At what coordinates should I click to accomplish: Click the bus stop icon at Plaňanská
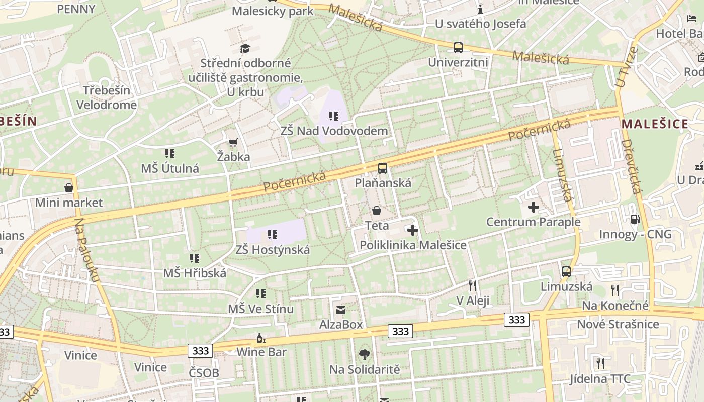click(383, 168)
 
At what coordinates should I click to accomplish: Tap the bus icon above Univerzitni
click(458, 48)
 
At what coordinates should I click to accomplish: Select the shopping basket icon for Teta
click(377, 211)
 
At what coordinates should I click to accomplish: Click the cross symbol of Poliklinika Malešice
click(413, 231)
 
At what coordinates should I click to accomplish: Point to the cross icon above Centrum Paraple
click(534, 207)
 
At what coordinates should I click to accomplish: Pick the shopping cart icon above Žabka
click(233, 143)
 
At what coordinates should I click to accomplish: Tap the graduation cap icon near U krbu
click(245, 48)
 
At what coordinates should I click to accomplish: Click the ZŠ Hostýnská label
click(273, 250)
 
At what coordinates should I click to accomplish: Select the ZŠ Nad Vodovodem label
click(334, 131)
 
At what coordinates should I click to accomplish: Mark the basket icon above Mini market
click(69, 188)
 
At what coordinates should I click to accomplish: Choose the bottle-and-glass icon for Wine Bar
click(261, 338)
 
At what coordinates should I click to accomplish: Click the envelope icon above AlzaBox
click(341, 310)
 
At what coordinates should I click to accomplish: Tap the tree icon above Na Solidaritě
click(365, 355)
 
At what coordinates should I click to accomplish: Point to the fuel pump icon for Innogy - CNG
click(635, 219)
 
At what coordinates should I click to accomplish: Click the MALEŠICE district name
click(655, 124)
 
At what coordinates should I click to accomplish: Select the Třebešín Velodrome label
click(106, 98)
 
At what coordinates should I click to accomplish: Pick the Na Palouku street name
click(87, 251)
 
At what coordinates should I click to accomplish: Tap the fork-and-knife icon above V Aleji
click(473, 286)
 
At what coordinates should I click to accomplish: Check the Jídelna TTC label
click(600, 379)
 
